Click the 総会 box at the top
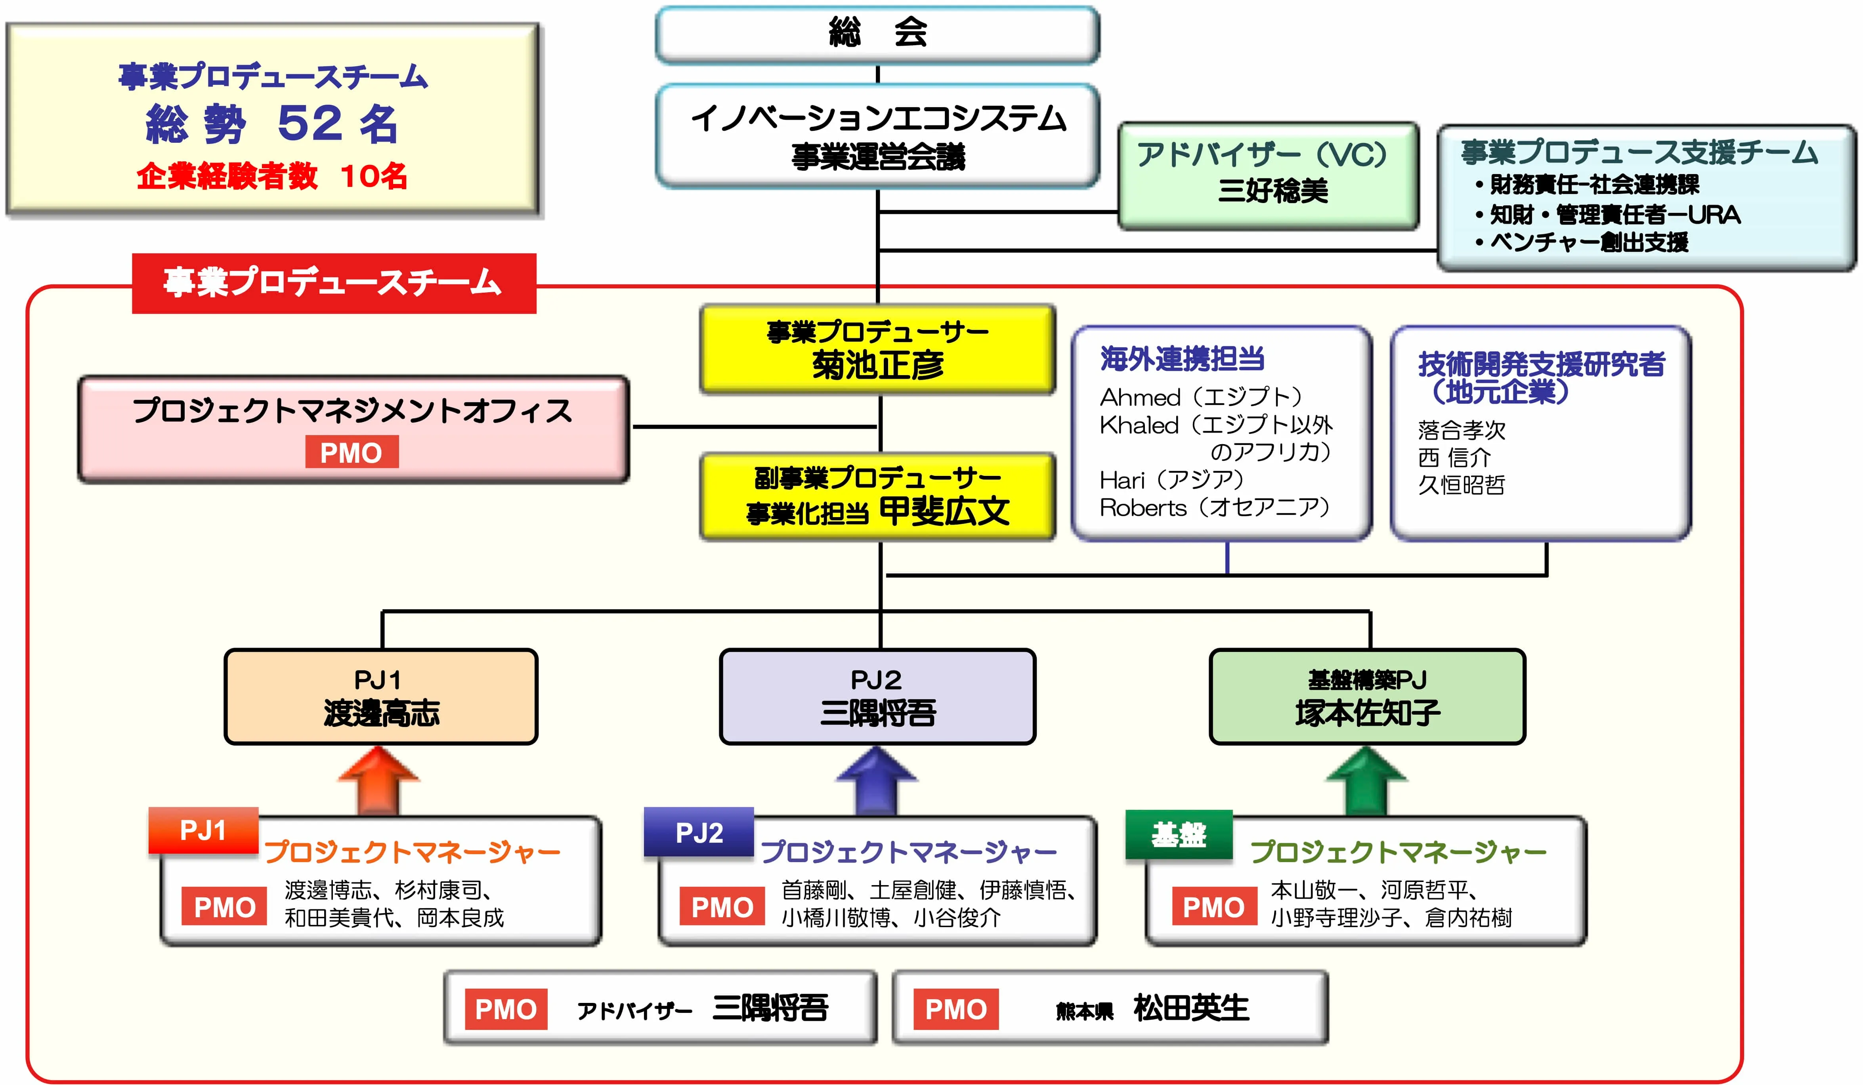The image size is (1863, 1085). click(877, 34)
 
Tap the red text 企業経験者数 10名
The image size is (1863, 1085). click(271, 176)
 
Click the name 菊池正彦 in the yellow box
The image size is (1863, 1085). click(877, 364)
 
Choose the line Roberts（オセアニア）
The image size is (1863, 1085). click(1215, 507)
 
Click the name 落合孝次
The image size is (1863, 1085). click(1461, 430)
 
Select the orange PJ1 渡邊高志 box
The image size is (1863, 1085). click(381, 696)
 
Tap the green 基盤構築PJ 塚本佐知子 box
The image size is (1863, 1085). click(1367, 696)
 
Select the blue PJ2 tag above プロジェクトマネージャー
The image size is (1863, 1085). click(699, 832)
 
